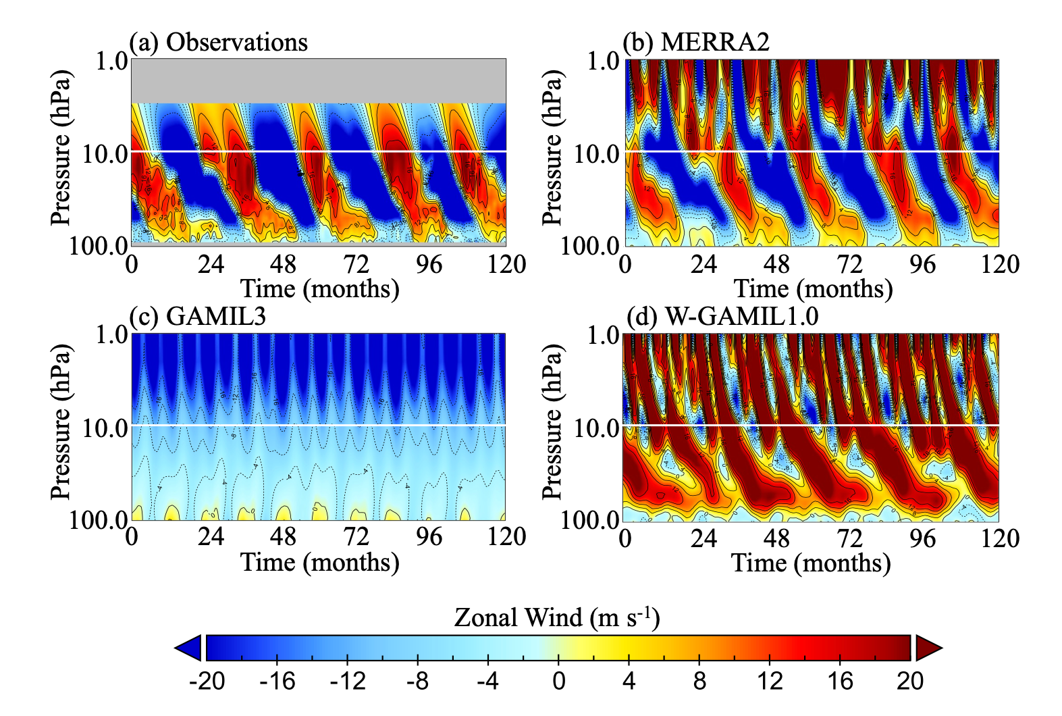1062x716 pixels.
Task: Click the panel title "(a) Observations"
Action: click(218, 42)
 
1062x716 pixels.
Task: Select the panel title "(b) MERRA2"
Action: click(695, 42)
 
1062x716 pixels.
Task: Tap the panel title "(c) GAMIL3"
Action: click(197, 315)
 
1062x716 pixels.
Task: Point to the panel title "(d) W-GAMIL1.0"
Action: click(722, 316)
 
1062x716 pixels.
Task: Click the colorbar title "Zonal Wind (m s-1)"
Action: click(556, 617)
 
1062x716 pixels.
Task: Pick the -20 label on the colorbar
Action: click(207, 681)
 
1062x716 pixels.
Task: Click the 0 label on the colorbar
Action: click(558, 681)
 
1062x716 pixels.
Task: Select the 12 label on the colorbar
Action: click(770, 681)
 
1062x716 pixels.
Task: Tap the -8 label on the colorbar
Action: click(418, 681)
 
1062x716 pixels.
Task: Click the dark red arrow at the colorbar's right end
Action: click(928, 648)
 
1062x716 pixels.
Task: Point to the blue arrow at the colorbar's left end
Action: click(189, 648)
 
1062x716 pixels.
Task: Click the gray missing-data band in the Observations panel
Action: click(319, 81)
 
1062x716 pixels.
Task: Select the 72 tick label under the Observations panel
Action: click(356, 264)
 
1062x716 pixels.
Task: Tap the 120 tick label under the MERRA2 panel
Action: click(1000, 264)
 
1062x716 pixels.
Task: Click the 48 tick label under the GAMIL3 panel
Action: click(283, 537)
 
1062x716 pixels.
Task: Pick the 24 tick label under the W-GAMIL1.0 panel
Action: click(703, 538)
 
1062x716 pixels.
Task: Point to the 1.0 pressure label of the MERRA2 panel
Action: click(603, 61)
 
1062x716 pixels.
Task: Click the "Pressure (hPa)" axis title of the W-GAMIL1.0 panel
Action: click(552, 422)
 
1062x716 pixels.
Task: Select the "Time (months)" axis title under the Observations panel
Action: click(320, 289)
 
